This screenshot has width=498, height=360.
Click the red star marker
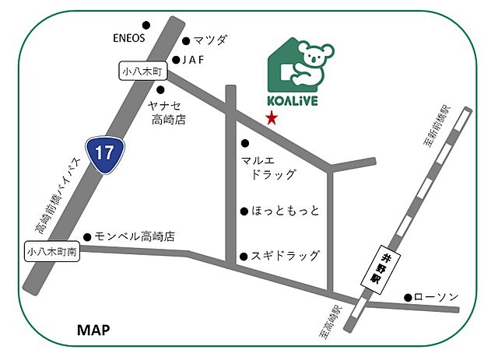point(271,119)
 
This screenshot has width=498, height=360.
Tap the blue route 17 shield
point(102,151)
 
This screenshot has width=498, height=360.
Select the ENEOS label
point(129,37)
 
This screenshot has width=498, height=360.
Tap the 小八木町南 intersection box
point(51,252)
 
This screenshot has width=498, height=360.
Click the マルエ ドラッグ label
point(269,167)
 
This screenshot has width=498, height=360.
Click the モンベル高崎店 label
point(135,236)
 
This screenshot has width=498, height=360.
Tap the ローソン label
point(437,297)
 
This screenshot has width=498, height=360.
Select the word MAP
point(93,330)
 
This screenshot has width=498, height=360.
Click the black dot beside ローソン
point(407,297)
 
